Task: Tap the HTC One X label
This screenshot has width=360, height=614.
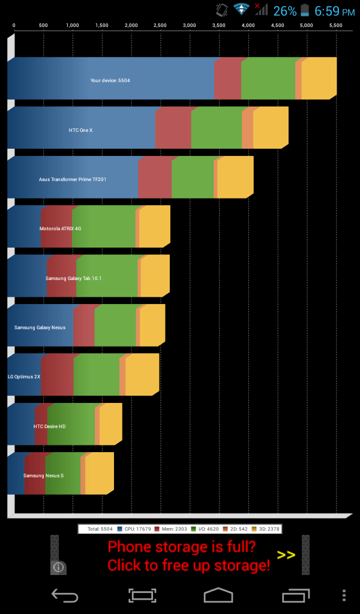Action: (80, 130)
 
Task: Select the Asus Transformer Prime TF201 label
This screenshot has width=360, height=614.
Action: (73, 179)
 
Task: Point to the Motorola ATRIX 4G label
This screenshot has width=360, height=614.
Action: (60, 228)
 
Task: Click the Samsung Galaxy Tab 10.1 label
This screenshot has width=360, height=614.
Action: (73, 278)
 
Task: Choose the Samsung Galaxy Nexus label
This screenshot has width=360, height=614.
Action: (40, 327)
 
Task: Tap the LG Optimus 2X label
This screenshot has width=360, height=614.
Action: (24, 377)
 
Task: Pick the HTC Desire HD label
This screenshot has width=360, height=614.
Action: (49, 426)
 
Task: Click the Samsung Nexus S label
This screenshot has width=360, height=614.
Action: (43, 475)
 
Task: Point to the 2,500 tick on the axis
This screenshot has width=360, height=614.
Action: (160, 26)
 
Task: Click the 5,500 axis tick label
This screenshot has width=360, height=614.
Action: (336, 26)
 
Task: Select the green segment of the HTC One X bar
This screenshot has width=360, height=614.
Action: (217, 128)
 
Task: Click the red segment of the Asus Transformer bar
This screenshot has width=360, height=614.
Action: (155, 177)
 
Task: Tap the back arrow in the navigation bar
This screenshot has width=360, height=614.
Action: (65, 595)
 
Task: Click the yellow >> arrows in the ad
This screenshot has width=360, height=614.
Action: (286, 555)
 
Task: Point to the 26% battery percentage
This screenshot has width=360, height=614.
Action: (284, 11)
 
